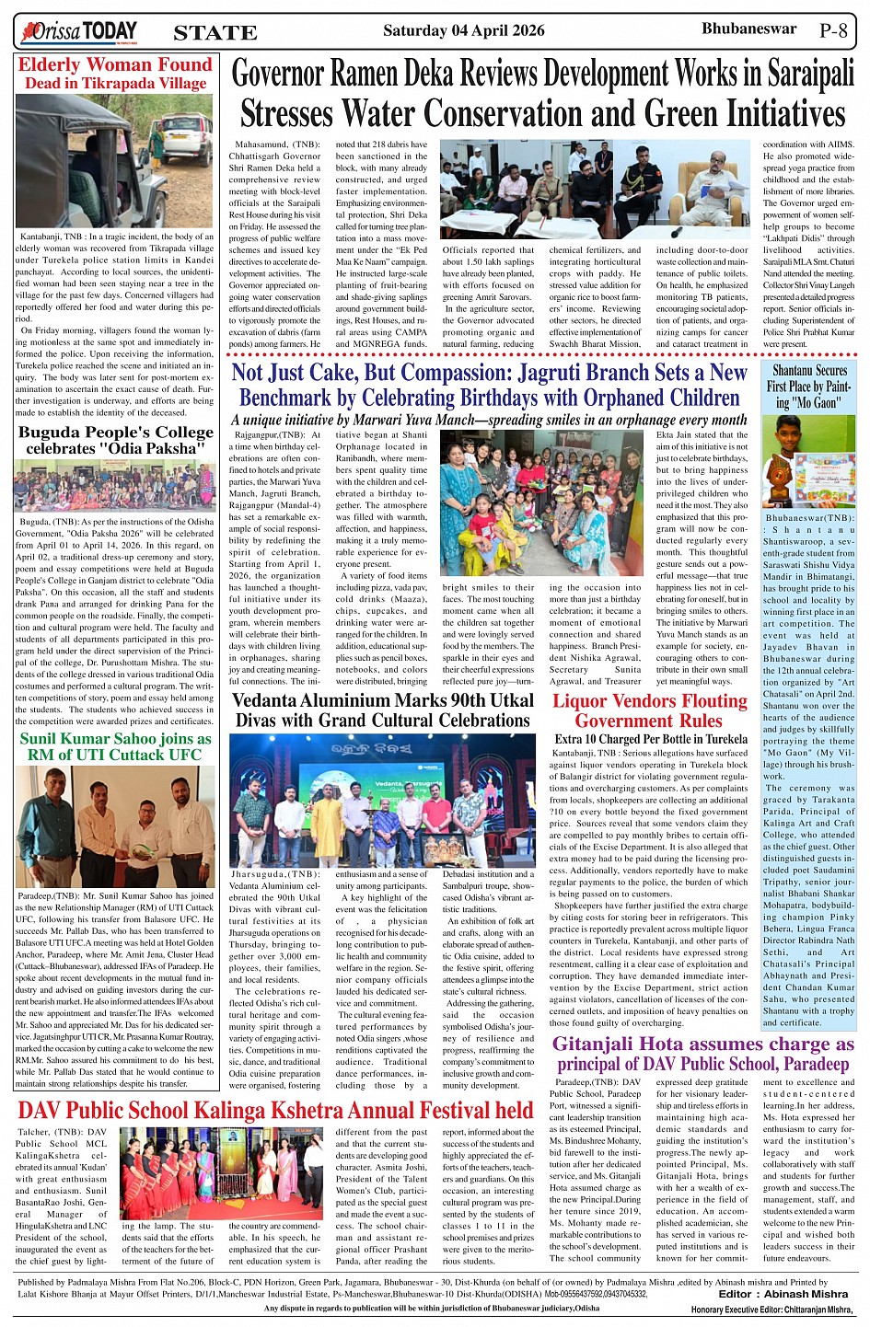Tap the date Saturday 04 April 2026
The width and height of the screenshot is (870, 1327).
click(x=463, y=30)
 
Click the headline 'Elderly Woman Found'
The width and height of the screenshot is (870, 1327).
click(x=115, y=65)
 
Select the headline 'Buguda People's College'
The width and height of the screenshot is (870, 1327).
click(x=116, y=433)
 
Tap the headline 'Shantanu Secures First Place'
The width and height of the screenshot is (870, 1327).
click(x=809, y=387)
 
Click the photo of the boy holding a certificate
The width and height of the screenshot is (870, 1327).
click(x=809, y=461)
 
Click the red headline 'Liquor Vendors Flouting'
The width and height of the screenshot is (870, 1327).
click(x=650, y=701)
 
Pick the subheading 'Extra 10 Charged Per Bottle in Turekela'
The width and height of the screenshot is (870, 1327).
click(x=650, y=739)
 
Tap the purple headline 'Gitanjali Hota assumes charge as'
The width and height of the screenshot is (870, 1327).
click(x=703, y=1044)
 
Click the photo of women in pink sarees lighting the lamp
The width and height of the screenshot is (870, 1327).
click(x=222, y=1172)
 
